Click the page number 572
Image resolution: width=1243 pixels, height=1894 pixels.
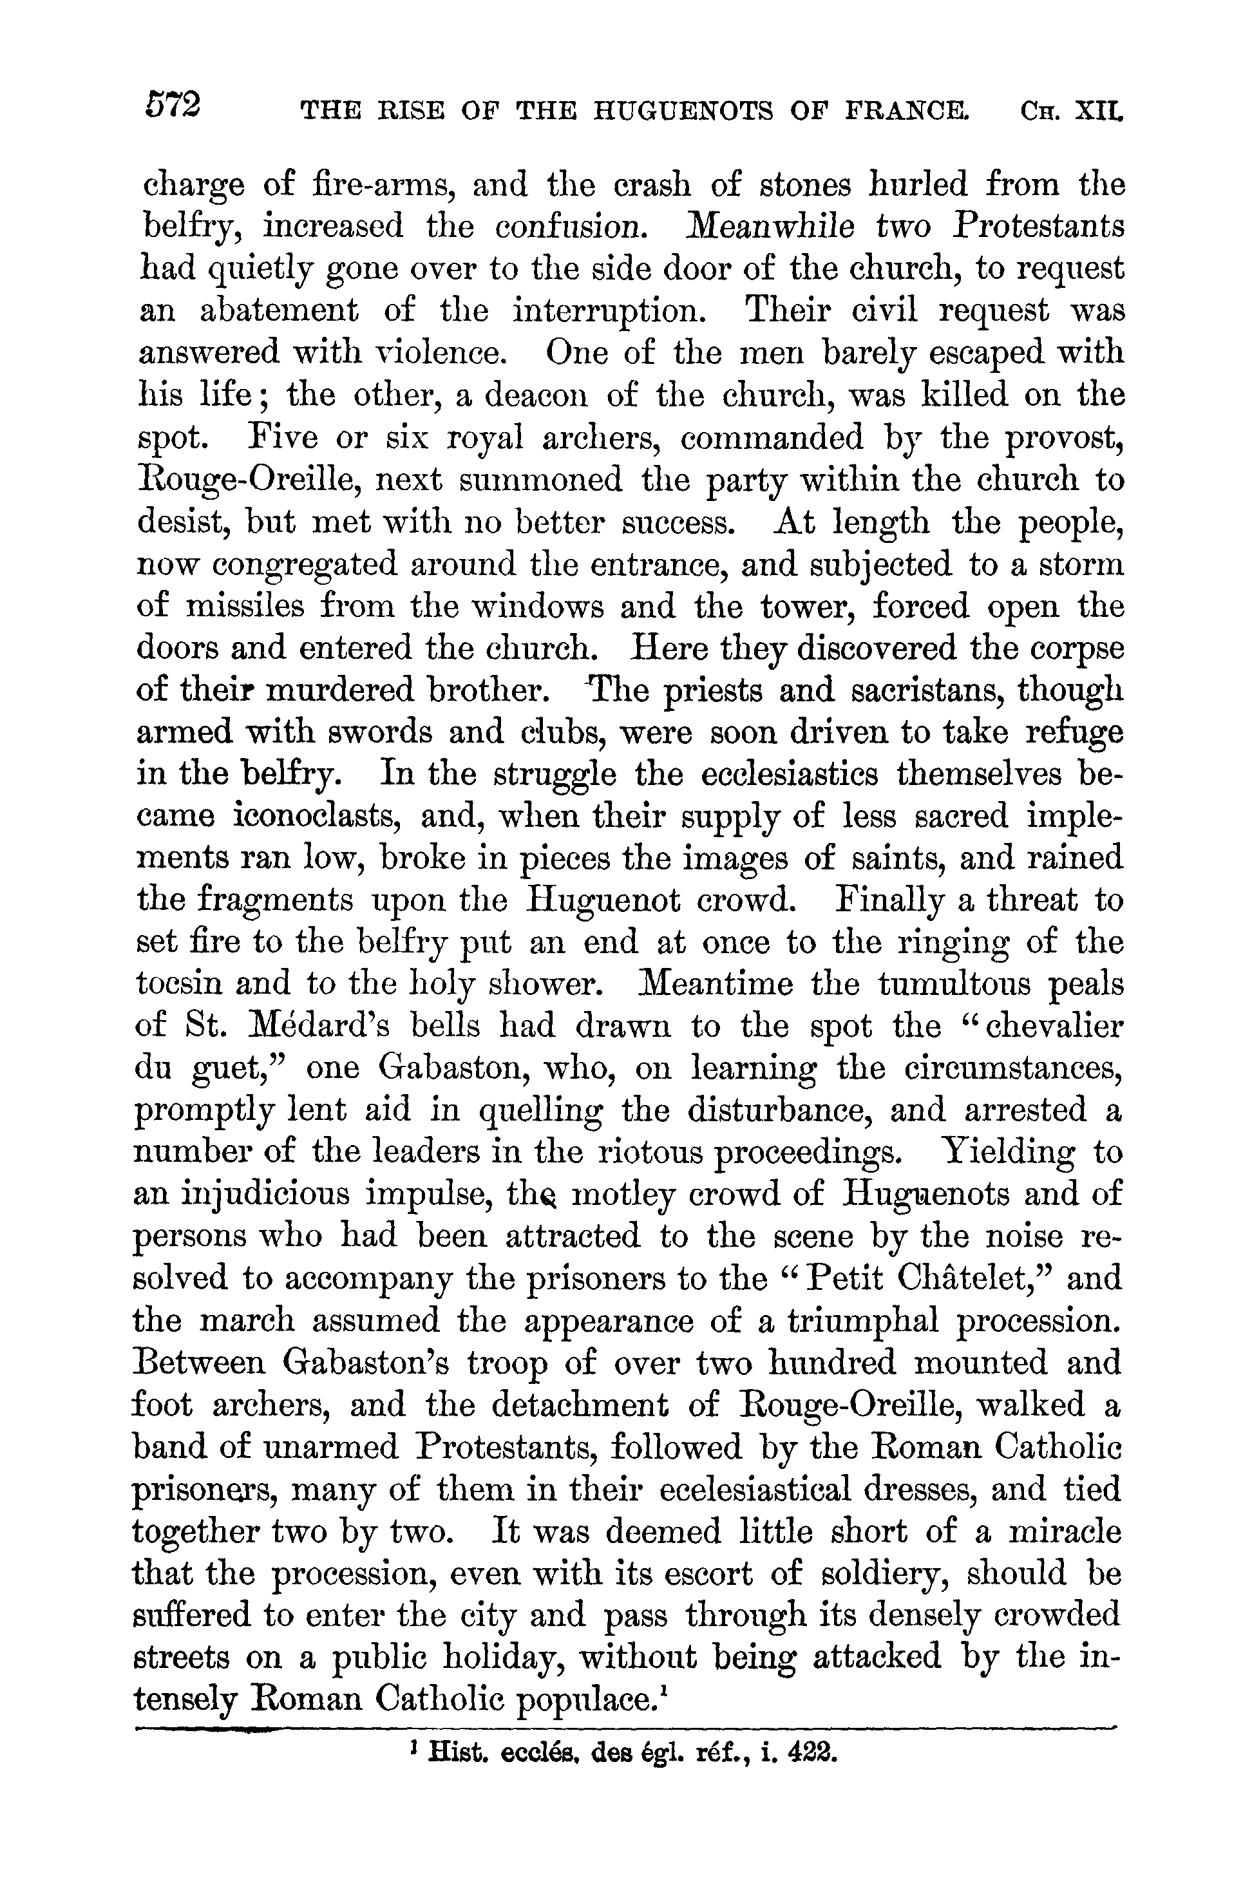[173, 104]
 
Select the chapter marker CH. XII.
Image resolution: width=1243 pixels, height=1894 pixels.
[1070, 111]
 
